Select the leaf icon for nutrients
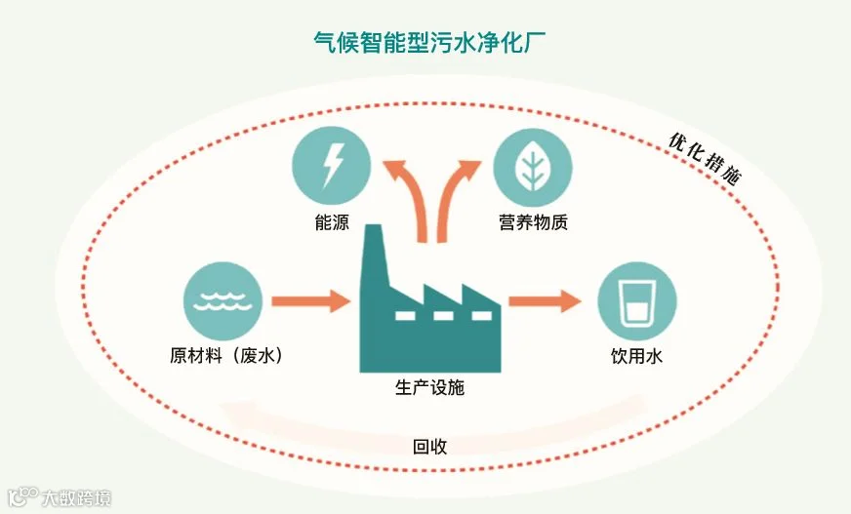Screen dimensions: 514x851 pos(532,164)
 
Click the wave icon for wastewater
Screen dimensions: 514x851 pos(223,299)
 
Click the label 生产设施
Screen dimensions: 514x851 pos(430,388)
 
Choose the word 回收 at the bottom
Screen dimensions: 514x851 pos(429,447)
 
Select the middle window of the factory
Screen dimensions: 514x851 pos(443,315)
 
